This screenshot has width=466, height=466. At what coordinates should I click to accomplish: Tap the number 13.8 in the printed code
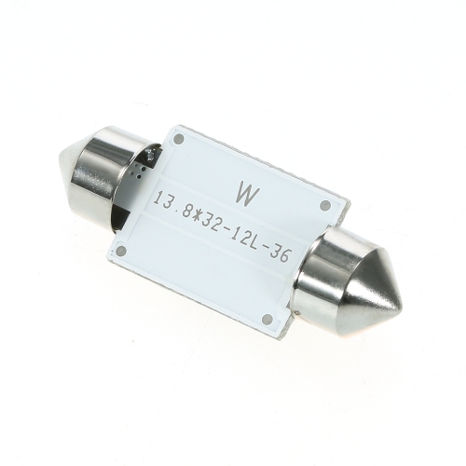[169, 201]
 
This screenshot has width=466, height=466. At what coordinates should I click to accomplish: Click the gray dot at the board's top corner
[179, 139]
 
